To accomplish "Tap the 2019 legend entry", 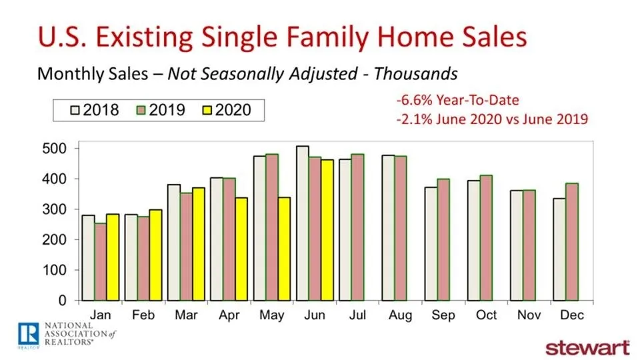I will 163,109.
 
